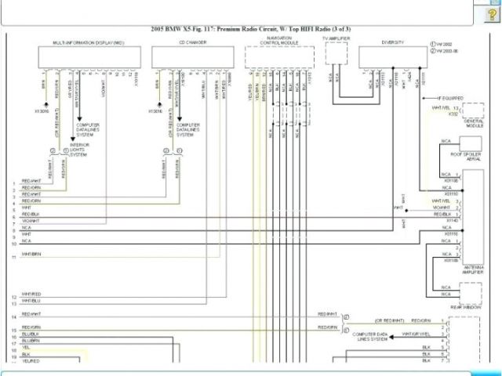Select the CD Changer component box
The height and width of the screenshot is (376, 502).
pos(191,57)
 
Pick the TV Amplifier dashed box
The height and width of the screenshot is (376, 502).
pos(336,53)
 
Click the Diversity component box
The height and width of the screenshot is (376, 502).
pos(393,57)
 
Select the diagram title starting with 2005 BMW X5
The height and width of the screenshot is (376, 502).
pos(251,29)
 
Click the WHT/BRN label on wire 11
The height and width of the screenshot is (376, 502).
pos(31,254)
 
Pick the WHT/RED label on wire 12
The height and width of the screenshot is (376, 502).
pos(31,295)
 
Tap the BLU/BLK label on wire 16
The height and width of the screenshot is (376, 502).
pos(31,333)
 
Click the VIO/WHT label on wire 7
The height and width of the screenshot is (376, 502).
pos(31,221)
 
